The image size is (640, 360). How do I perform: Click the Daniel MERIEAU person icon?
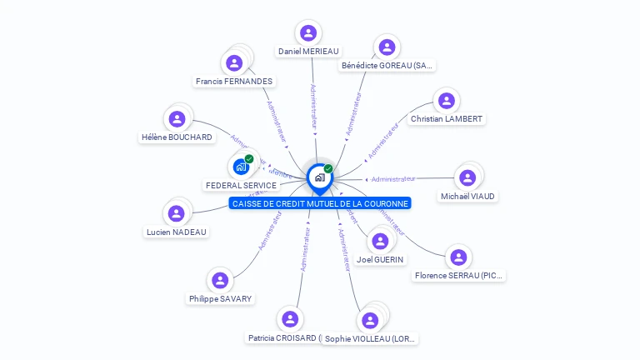pyautogui.click(x=308, y=33)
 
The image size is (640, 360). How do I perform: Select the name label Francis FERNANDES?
pyautogui.click(x=233, y=81)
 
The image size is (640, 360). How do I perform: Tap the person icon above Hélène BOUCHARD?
pyautogui.click(x=176, y=119)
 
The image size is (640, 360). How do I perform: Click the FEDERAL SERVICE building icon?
pyautogui.click(x=241, y=167)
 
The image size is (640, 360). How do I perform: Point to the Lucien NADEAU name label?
pyautogui.click(x=176, y=232)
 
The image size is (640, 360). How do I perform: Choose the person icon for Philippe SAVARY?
pyautogui.click(x=220, y=280)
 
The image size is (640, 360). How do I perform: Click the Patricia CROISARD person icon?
pyautogui.click(x=290, y=319)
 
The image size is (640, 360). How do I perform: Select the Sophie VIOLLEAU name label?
pyautogui.click(x=370, y=338)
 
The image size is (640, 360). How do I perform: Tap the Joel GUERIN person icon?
pyautogui.click(x=380, y=242)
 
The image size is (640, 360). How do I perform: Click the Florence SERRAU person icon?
pyautogui.click(x=458, y=257)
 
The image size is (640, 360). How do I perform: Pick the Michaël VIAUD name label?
pyautogui.click(x=467, y=196)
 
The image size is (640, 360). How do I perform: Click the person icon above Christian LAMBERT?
pyautogui.click(x=447, y=101)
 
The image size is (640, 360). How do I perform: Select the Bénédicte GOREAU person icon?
pyautogui.click(x=386, y=47)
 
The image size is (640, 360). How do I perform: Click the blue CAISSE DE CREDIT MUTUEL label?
pyautogui.click(x=320, y=203)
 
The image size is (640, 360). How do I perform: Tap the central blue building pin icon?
pyautogui.click(x=319, y=177)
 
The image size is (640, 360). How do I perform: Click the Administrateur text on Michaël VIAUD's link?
pyautogui.click(x=393, y=178)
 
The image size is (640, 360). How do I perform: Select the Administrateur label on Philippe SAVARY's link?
pyautogui.click(x=268, y=231)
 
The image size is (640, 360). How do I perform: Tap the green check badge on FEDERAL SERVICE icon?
pyautogui.click(x=249, y=158)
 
